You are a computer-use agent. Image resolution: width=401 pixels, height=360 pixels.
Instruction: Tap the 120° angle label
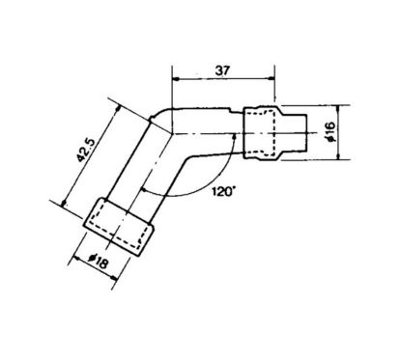tap(220, 193)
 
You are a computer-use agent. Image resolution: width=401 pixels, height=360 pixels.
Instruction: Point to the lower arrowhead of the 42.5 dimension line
tap(64, 203)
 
